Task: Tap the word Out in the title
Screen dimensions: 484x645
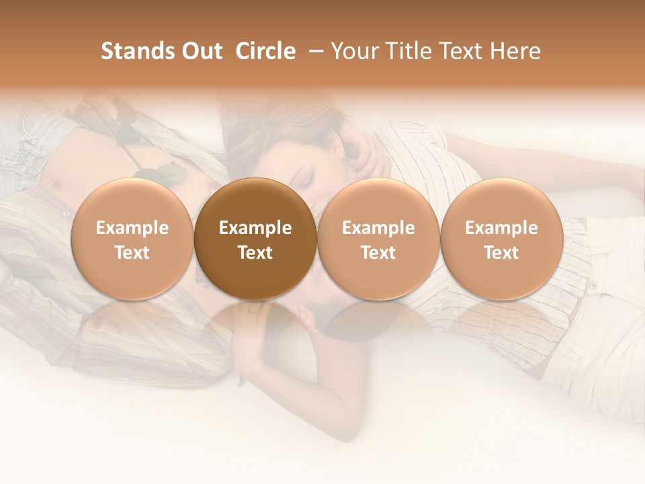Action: pyautogui.click(x=200, y=51)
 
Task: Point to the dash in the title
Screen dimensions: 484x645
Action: pyautogui.click(x=313, y=52)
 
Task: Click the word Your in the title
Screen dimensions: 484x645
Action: pyautogui.click(x=353, y=51)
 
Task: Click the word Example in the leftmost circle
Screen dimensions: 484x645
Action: pyautogui.click(x=132, y=228)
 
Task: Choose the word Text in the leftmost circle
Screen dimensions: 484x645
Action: pyautogui.click(x=132, y=253)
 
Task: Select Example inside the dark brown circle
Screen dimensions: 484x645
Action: pyautogui.click(x=255, y=228)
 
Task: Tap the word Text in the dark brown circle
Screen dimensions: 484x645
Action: pyautogui.click(x=255, y=253)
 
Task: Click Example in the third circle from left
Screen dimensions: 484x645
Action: pyautogui.click(x=378, y=228)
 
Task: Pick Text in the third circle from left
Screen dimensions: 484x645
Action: pyautogui.click(x=378, y=253)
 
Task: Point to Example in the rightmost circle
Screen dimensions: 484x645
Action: pyautogui.click(x=501, y=228)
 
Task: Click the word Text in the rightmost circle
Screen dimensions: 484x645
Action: pyautogui.click(x=501, y=253)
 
